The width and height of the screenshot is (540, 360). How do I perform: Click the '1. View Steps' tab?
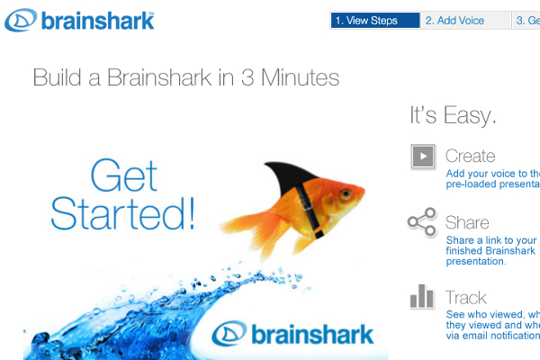[374, 21]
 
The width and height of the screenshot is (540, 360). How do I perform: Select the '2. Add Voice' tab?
[454, 21]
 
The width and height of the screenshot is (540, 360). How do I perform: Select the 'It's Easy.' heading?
[453, 116]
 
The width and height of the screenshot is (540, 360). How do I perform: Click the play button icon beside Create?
[422, 157]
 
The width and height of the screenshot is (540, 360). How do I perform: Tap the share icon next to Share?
[421, 222]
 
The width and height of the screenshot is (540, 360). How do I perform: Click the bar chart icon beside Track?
[421, 296]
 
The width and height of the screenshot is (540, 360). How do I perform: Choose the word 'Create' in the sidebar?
[470, 156]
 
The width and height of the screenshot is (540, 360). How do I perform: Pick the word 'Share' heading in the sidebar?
[467, 222]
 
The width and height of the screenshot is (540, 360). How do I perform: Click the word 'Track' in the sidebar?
[465, 297]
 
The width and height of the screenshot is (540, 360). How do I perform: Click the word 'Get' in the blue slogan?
[123, 175]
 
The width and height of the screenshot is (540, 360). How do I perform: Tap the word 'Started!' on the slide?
[122, 213]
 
